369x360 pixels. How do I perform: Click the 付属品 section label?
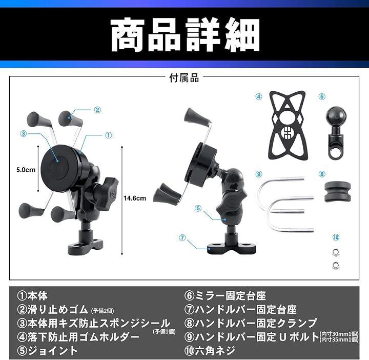[x=184, y=78]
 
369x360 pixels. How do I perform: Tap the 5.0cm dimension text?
[x=26, y=170]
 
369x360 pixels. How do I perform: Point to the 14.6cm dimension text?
[x=135, y=198]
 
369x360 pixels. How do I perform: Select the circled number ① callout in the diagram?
[x=108, y=135]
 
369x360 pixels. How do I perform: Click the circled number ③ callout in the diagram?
[x=23, y=134]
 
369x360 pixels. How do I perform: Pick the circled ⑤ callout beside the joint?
[x=198, y=208]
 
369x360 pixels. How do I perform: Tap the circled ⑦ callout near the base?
[x=182, y=238]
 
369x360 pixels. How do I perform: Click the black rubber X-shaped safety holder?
[x=288, y=125]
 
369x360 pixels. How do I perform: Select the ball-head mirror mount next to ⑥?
[x=336, y=132]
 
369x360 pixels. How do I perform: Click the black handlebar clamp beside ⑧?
[x=338, y=192]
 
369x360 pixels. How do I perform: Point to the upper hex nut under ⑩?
[x=336, y=252]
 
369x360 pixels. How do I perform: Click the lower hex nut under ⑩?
[x=336, y=265]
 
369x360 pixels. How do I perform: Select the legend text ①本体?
[x=32, y=295]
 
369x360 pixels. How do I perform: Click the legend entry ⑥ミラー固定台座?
[x=225, y=295]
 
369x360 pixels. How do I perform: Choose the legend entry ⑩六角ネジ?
[x=210, y=351]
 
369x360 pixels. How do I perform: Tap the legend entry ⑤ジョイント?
[x=47, y=351]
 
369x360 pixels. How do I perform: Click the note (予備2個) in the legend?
[x=102, y=311]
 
